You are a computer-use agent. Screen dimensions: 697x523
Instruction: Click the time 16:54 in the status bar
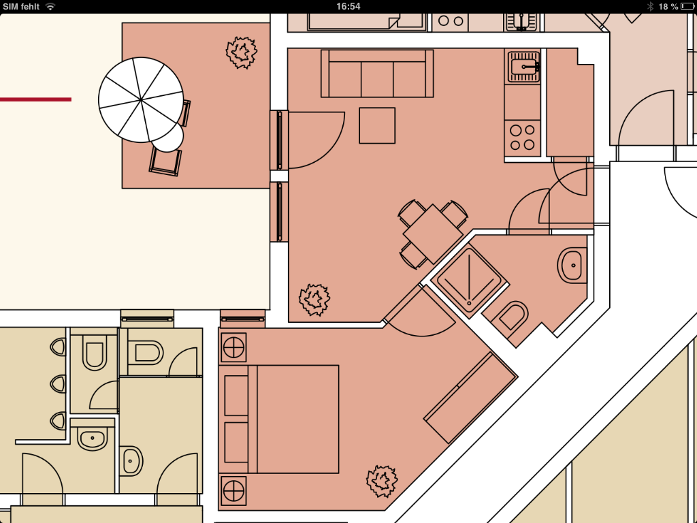coord(348,6)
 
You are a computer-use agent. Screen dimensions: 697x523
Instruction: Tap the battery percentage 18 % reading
coord(668,6)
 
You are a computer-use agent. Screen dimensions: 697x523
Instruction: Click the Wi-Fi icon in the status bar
coord(50,6)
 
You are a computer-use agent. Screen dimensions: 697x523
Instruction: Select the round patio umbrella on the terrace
coord(140,100)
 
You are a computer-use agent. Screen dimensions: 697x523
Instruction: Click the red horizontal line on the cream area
coord(35,99)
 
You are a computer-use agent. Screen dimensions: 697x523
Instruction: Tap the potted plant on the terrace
coord(242,52)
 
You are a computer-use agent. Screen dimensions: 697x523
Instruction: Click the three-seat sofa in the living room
coord(377,74)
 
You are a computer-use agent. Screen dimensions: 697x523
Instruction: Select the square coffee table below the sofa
coord(377,125)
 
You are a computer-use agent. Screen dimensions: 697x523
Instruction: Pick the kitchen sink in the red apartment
coord(523,66)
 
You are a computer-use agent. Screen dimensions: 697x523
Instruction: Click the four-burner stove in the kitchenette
coord(522,138)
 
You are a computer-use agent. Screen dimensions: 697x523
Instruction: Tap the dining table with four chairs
coord(432,234)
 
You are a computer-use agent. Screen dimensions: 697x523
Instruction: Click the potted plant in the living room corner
coord(314,300)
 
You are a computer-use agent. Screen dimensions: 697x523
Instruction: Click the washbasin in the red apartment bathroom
coord(572,266)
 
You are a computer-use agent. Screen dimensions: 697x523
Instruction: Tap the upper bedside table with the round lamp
coord(234,347)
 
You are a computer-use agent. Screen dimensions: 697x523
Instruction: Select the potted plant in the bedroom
coord(382,481)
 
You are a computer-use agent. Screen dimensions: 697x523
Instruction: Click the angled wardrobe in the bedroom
coord(470,398)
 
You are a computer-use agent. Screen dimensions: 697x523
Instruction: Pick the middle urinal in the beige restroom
coord(59,384)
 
